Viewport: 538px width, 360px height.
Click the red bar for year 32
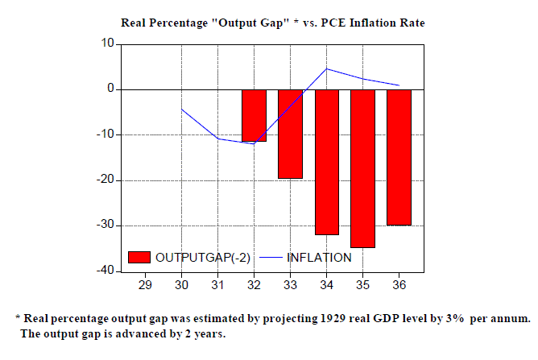255,115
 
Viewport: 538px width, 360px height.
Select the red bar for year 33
290,134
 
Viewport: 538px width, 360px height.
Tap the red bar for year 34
326,162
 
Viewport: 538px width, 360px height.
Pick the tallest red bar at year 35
362,168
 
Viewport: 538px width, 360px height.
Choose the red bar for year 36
399,157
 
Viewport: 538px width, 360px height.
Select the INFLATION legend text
319,258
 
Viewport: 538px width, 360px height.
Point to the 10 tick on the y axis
105,43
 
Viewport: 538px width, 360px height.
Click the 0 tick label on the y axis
108,89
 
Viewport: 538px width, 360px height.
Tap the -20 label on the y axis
102,180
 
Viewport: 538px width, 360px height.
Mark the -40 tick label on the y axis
102,271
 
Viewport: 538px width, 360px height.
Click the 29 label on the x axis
146,284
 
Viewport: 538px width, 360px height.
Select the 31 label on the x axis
218,284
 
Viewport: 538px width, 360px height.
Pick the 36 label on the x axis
399,284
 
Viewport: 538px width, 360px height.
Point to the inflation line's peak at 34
326,68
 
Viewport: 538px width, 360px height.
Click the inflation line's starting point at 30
182,110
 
